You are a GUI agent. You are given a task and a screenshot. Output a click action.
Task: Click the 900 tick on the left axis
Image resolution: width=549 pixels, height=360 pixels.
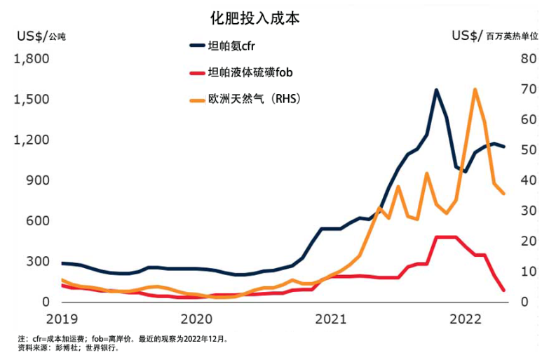36,180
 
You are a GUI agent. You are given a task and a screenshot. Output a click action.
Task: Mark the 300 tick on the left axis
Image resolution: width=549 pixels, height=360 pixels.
36,261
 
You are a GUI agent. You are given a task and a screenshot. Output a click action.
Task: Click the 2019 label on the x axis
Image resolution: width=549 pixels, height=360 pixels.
62,319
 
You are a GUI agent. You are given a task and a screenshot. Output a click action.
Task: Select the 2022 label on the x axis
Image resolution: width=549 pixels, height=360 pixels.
466,319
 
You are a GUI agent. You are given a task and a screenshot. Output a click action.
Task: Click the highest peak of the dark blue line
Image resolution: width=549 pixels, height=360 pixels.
436,90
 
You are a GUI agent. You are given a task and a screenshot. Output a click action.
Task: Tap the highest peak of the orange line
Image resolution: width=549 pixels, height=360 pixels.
475,89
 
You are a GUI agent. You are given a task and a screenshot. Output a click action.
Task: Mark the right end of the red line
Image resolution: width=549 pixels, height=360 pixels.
503,290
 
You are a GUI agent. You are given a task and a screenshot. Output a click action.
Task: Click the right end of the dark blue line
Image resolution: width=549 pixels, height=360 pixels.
503,147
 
